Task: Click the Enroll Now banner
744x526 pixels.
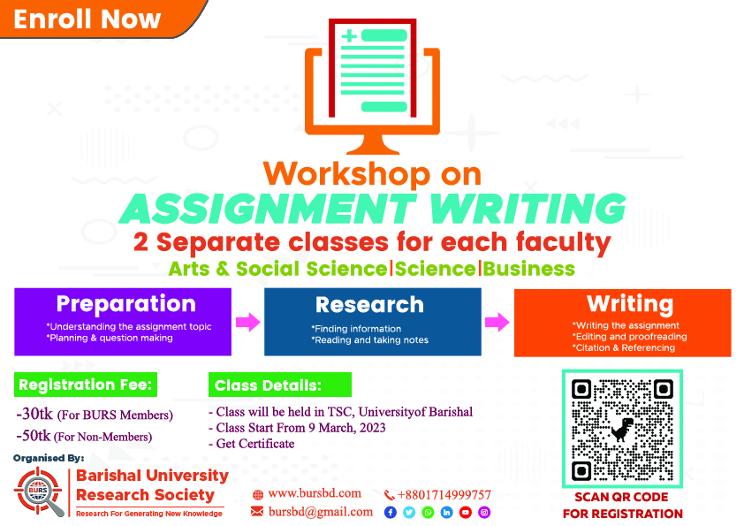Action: click(x=95, y=19)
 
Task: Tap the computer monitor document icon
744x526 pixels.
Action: click(x=373, y=87)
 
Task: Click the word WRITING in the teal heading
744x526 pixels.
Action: click(x=528, y=209)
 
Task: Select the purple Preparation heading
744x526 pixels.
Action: click(x=125, y=304)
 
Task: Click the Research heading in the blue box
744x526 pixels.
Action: click(x=369, y=305)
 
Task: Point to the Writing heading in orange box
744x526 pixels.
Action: click(x=630, y=304)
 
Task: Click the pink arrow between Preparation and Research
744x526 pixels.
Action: click(x=247, y=322)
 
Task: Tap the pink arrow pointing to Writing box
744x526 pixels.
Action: click(x=497, y=322)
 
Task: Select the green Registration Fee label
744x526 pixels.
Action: click(x=86, y=385)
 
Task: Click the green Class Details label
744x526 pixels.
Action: click(x=280, y=385)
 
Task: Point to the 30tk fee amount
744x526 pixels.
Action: click(x=34, y=414)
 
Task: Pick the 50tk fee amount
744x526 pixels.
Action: click(x=34, y=435)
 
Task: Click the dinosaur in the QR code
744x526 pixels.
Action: click(x=622, y=429)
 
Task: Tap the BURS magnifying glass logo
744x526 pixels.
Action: click(x=39, y=492)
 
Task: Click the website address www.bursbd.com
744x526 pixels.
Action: click(x=315, y=493)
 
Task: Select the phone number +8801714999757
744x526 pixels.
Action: click(x=444, y=495)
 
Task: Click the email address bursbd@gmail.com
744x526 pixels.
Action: click(x=321, y=512)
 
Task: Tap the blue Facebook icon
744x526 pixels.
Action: click(x=391, y=513)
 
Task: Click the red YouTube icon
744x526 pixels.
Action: click(x=466, y=513)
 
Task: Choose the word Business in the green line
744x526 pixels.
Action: click(x=529, y=269)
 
